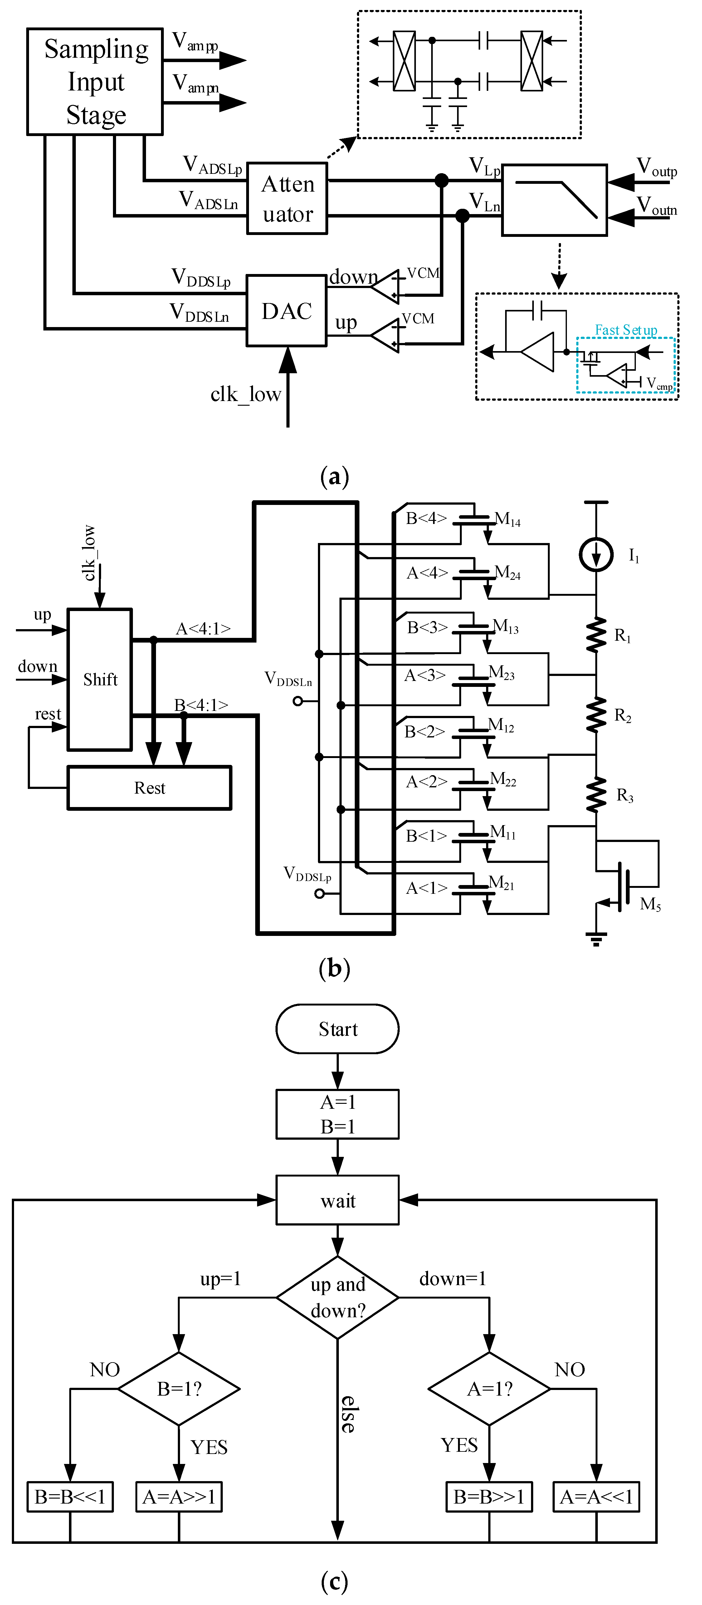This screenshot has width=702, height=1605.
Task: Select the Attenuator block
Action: pos(287,199)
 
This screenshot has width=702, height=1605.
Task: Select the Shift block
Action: pos(100,679)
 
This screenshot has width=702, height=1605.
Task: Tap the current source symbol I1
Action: pos(596,554)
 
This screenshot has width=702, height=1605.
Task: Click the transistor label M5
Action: pos(650,904)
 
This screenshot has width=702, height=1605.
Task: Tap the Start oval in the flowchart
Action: pos(337,1029)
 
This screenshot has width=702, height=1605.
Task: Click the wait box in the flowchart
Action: pos(337,1200)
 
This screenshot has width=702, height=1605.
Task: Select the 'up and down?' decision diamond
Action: pos(337,1297)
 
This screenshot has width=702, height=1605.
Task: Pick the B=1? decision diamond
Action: pos(179,1389)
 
